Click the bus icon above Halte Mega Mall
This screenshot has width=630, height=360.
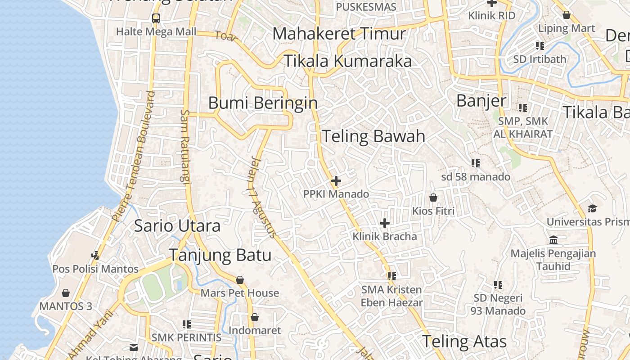click(x=156, y=18)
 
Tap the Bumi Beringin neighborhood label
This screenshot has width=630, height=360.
click(x=263, y=103)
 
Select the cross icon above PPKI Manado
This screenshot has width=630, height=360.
click(x=336, y=181)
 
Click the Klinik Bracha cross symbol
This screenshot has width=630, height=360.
click(x=385, y=223)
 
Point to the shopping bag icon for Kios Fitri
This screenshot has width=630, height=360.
click(x=433, y=198)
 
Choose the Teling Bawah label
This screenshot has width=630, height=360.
click(x=373, y=136)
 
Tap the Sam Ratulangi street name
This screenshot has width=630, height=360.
click(x=185, y=146)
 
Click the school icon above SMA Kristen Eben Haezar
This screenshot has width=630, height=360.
click(x=391, y=276)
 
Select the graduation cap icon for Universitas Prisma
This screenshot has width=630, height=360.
click(x=592, y=208)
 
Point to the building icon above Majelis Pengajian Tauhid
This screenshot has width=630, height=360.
click(x=553, y=240)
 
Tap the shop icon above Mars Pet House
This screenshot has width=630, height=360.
click(x=240, y=280)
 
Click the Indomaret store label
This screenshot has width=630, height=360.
click(x=255, y=330)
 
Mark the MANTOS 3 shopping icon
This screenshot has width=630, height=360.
click(x=66, y=293)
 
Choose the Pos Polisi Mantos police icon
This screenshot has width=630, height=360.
click(x=95, y=255)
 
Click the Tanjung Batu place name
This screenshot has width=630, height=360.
click(x=220, y=255)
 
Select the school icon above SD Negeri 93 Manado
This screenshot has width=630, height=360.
click(x=498, y=284)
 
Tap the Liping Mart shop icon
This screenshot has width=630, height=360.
click(x=567, y=15)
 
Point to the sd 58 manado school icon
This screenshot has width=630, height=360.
click(x=476, y=163)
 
